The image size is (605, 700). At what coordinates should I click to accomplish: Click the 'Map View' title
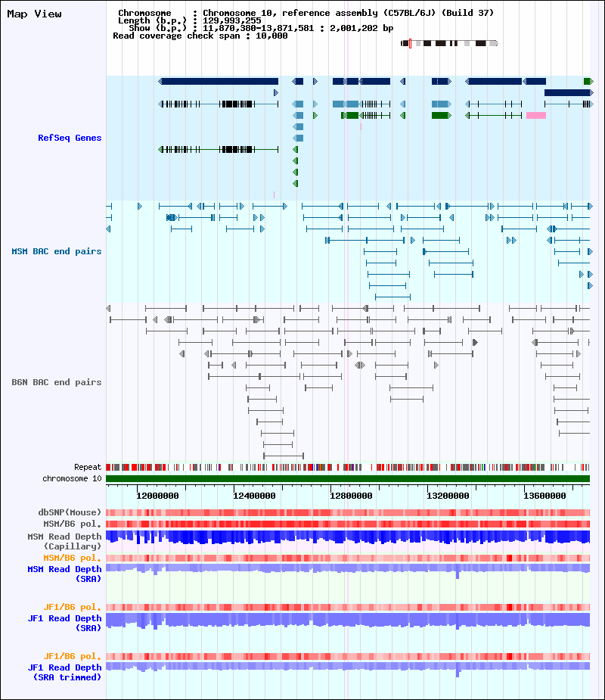[x=34, y=14]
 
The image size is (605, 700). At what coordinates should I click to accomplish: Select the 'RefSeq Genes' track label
[x=70, y=138]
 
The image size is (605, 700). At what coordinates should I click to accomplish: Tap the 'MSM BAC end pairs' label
[x=57, y=251]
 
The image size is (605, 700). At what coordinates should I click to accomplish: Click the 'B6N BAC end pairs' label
[x=57, y=382]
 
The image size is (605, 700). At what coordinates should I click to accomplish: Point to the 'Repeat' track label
[x=88, y=467]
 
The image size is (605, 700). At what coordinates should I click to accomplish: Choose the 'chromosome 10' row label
[x=73, y=478]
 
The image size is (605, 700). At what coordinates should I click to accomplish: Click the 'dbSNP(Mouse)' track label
[x=70, y=512]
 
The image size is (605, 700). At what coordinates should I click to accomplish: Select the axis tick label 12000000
[x=157, y=496]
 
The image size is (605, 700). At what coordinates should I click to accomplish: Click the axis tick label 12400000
[x=254, y=496]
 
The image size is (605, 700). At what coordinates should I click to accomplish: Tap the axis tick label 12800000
[x=351, y=496]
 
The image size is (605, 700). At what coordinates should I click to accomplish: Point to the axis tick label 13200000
[x=448, y=496]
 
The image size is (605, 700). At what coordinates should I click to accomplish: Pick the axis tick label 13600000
[x=544, y=496]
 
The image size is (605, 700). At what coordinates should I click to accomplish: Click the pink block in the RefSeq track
[x=536, y=116]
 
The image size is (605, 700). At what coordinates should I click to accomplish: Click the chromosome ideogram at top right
[x=449, y=43]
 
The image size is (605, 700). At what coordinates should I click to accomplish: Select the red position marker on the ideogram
[x=410, y=43]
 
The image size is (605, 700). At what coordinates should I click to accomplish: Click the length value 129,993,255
[x=232, y=20]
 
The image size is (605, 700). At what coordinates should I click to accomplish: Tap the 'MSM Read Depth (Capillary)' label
[x=65, y=541]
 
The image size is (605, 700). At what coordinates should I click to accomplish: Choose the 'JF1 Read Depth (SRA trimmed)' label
[x=65, y=672]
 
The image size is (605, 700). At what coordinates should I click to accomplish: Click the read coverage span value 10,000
[x=271, y=36]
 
